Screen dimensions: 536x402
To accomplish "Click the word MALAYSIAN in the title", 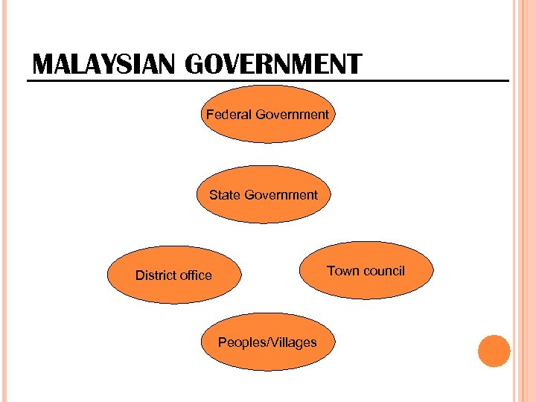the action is (105, 66).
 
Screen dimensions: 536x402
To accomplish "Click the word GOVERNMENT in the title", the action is (272, 66).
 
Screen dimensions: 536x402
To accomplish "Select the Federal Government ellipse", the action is (267, 115).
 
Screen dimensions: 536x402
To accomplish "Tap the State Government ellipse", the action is (263, 195).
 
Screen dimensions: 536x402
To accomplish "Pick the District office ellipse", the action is (174, 275).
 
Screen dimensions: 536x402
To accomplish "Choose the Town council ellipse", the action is (366, 270).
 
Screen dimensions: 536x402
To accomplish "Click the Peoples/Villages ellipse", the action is (267, 342).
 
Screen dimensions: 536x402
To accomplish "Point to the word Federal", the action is (229, 115).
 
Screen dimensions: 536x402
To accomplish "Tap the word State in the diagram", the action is (224, 195).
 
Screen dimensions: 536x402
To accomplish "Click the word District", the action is (155, 275).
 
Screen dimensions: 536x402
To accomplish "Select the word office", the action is (195, 275).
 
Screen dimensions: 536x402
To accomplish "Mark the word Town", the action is (343, 270).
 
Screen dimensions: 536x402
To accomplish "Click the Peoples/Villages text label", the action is (267, 342).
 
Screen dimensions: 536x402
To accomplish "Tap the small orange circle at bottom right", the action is (494, 351).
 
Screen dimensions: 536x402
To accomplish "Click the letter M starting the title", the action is (43, 66).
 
